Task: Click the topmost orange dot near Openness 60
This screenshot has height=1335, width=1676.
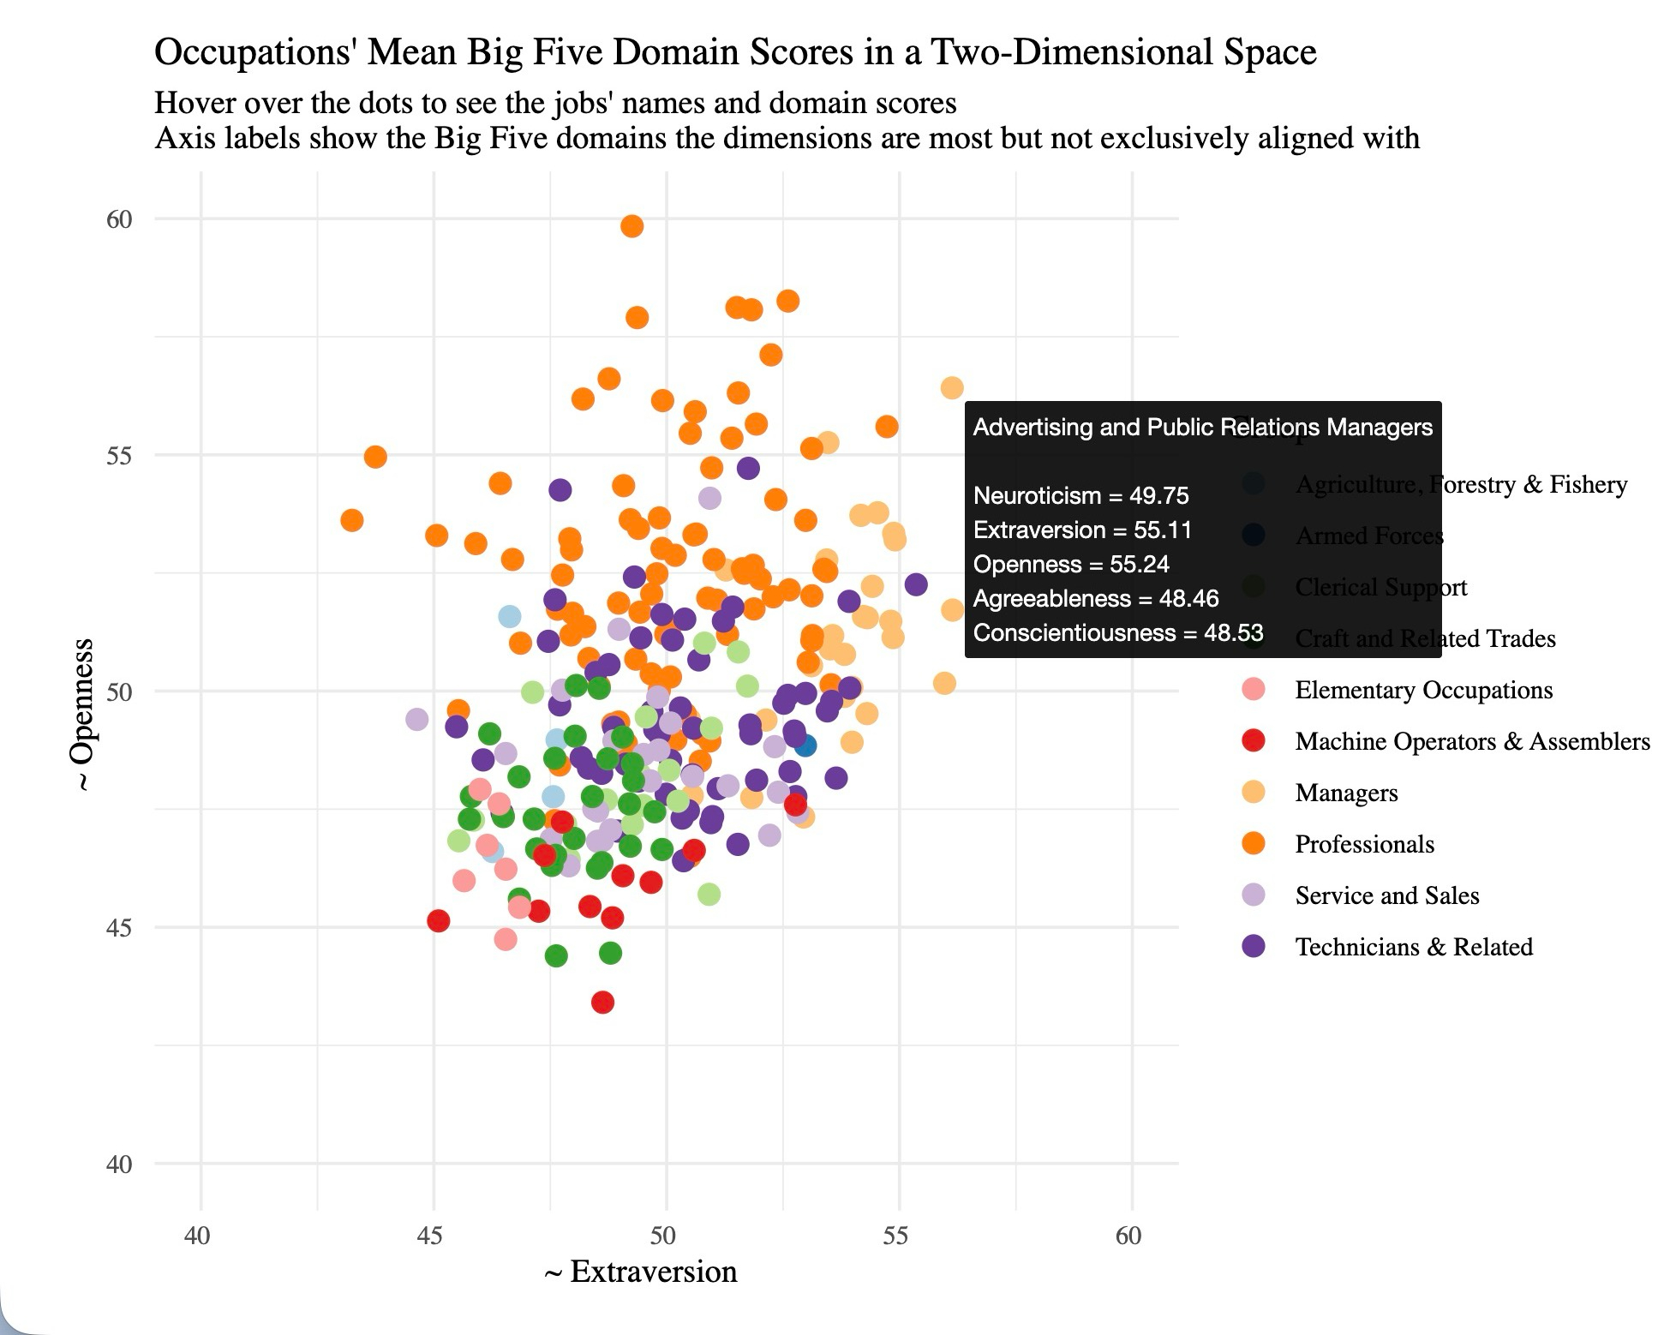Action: (x=631, y=226)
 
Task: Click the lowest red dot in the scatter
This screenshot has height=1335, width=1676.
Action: (x=602, y=1002)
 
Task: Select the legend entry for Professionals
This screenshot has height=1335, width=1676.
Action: (x=1364, y=844)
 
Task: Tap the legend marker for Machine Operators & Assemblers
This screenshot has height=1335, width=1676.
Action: (x=1254, y=741)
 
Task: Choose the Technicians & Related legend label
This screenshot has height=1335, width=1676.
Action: (x=1414, y=947)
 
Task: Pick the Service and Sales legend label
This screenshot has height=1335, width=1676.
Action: (x=1386, y=895)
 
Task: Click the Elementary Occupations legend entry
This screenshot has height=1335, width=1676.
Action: (x=1423, y=690)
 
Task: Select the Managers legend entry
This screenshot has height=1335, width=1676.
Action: (x=1346, y=793)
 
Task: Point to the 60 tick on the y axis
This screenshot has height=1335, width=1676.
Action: (x=119, y=219)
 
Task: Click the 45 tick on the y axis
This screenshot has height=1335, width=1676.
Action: (x=119, y=928)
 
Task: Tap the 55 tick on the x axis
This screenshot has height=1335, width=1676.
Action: (x=895, y=1236)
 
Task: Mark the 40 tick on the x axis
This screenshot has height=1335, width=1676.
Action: (x=197, y=1236)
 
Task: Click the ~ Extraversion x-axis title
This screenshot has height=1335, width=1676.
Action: (x=641, y=1272)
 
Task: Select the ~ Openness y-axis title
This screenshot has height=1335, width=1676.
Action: (x=82, y=715)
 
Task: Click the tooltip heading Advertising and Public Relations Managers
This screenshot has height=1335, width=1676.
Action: (x=1202, y=428)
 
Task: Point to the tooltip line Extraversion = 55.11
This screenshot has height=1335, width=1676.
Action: (x=1082, y=530)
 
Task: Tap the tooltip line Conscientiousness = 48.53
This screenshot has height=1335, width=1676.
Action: (x=1117, y=633)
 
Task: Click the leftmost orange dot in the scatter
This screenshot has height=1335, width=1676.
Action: (x=351, y=520)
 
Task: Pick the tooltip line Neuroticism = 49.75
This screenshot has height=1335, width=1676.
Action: (x=1080, y=496)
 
